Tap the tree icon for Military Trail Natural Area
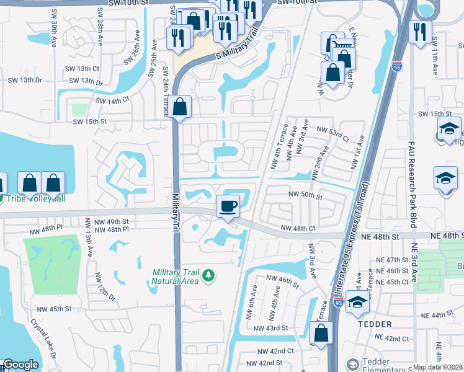210,275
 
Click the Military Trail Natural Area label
176,276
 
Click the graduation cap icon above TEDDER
357,302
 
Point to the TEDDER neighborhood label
374,324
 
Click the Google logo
20,365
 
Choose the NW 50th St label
305,195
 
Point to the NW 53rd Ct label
332,129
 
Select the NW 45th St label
54,309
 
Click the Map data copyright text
438,367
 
